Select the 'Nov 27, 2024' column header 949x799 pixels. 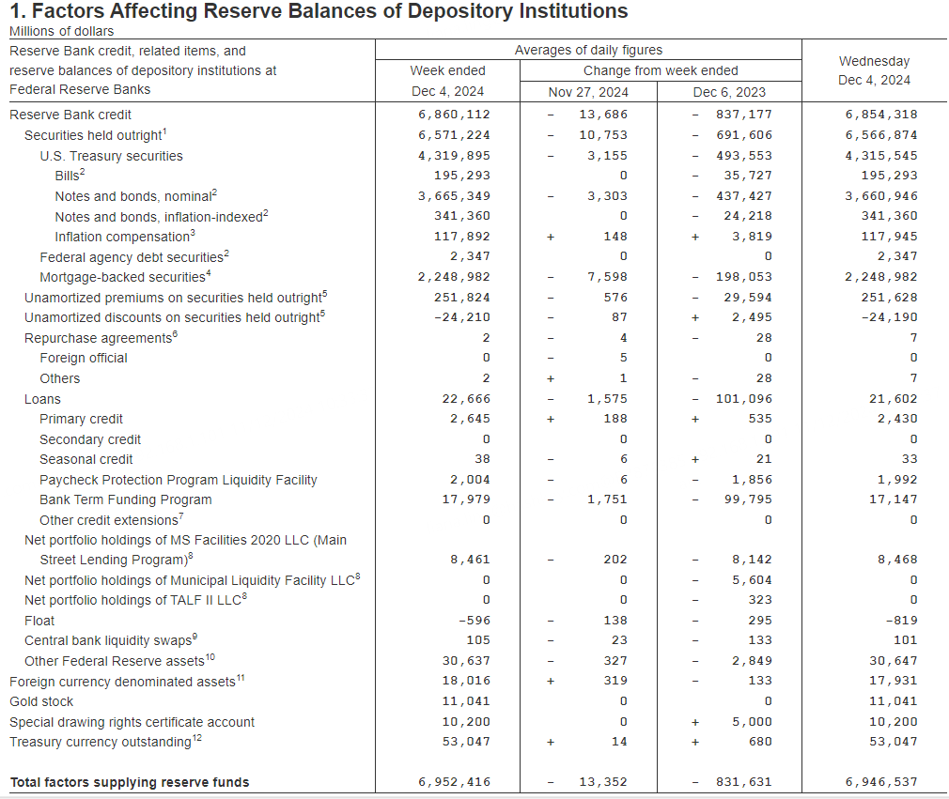pyautogui.click(x=588, y=92)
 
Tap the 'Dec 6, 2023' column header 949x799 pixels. pyautogui.click(x=729, y=92)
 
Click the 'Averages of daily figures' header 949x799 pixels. pyautogui.click(x=588, y=50)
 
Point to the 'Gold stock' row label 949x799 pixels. pyautogui.click(x=41, y=701)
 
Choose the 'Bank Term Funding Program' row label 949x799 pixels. pyautogui.click(x=126, y=499)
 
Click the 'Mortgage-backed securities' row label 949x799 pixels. pyautogui.click(x=122, y=277)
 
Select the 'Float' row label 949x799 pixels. pyautogui.click(x=39, y=621)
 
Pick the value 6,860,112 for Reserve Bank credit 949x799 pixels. pyautogui.click(x=455, y=115)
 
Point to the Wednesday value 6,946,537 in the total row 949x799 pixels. pyautogui.click(x=881, y=782)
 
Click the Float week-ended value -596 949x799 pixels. pyautogui.click(x=474, y=621)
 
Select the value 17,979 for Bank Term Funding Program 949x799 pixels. pyautogui.click(x=466, y=499)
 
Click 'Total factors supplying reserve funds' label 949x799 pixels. pyautogui.click(x=130, y=782)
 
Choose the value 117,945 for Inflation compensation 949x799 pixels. pyautogui.click(x=889, y=237)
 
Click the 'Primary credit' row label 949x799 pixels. pyautogui.click(x=81, y=419)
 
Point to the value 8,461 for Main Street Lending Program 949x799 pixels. pyautogui.click(x=470, y=560)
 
